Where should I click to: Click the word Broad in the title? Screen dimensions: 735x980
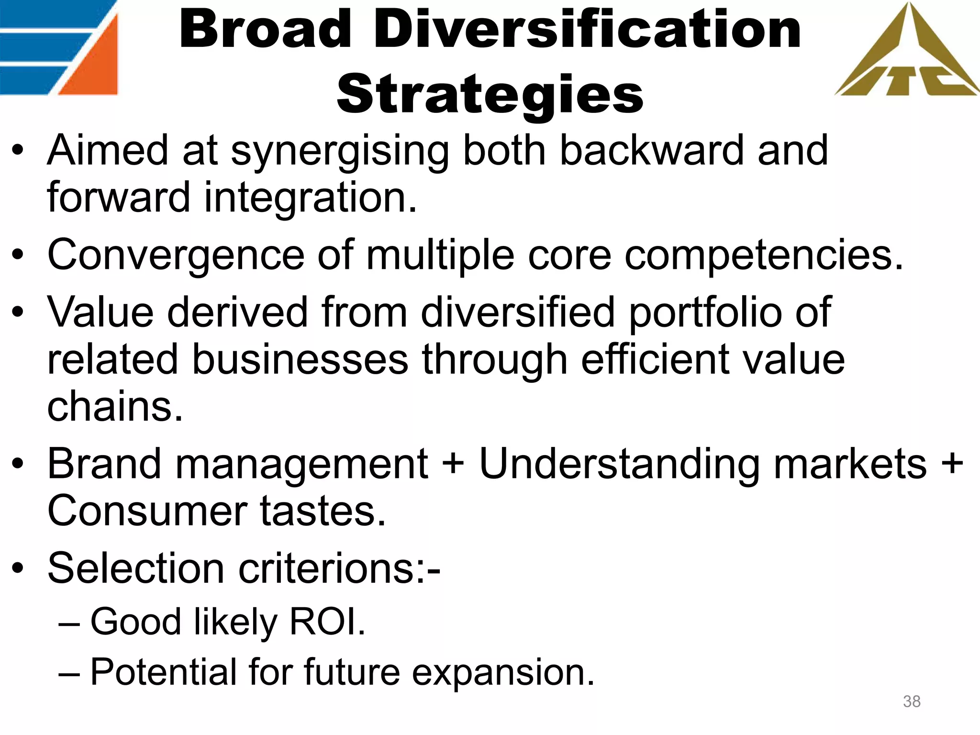[x=266, y=30]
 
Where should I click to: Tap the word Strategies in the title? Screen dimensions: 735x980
[x=490, y=94]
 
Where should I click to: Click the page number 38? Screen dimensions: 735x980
[x=912, y=702]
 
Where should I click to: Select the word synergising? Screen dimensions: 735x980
[x=340, y=152]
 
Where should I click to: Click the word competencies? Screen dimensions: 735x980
[x=763, y=256]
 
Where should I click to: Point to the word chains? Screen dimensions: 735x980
[x=115, y=407]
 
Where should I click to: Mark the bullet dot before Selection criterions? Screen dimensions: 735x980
[x=18, y=568]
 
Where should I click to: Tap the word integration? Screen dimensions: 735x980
[x=311, y=199]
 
